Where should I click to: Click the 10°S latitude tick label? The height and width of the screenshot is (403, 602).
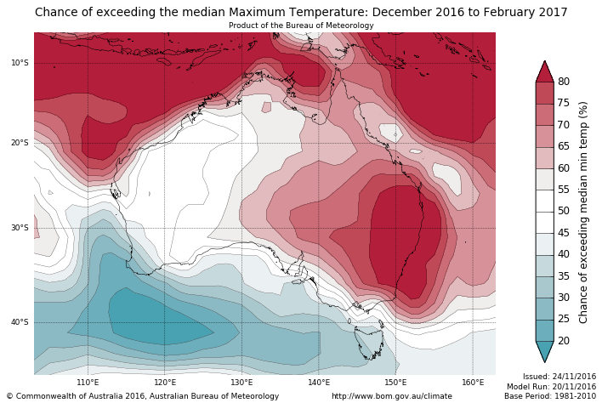(x=20, y=63)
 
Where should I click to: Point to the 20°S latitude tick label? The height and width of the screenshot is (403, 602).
(x=20, y=143)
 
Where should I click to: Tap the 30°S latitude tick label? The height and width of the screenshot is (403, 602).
(x=20, y=228)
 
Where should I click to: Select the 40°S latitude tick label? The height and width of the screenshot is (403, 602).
(x=20, y=322)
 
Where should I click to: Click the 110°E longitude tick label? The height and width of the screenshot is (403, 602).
(x=88, y=382)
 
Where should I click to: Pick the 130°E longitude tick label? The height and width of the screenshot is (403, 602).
(x=241, y=382)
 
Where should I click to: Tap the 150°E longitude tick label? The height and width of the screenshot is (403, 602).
(x=395, y=382)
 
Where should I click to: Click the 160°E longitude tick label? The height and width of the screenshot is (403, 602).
(x=473, y=382)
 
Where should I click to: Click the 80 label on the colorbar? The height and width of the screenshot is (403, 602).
(x=564, y=82)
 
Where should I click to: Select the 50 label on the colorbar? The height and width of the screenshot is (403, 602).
(x=564, y=211)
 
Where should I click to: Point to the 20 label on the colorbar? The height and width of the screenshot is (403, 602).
(x=564, y=341)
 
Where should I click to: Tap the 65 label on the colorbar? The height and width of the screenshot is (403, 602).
(x=564, y=146)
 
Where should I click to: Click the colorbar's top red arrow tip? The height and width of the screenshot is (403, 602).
(x=544, y=62)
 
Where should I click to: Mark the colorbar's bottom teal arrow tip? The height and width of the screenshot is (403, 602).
(x=544, y=361)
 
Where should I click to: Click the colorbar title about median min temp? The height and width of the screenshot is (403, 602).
(x=583, y=211)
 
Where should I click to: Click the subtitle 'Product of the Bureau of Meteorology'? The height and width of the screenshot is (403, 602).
(x=301, y=26)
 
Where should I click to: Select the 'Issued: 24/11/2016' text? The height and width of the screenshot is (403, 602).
(x=559, y=376)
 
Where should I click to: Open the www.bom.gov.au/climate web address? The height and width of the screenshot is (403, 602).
(x=391, y=396)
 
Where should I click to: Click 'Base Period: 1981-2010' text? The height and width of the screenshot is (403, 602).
(x=550, y=396)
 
